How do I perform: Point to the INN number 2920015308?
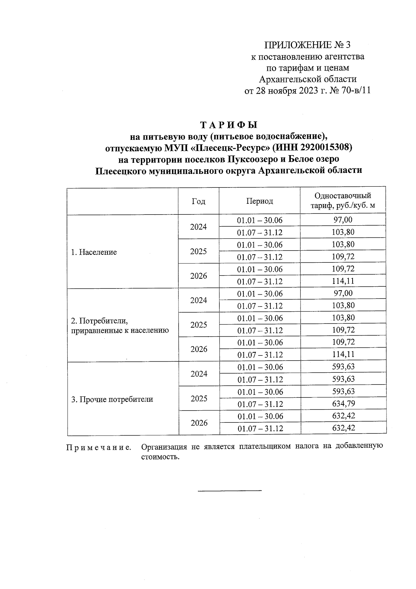point(326,148)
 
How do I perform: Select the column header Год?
point(198,201)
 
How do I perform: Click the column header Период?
point(260,201)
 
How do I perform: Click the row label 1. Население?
point(94,252)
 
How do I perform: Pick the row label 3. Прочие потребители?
point(112,399)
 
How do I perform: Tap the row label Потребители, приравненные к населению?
point(120,325)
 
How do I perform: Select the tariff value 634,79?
point(343,404)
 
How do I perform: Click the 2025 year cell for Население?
point(198,251)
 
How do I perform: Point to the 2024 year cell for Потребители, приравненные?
point(199,301)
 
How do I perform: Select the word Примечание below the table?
point(99,448)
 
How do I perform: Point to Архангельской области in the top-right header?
point(308,79)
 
